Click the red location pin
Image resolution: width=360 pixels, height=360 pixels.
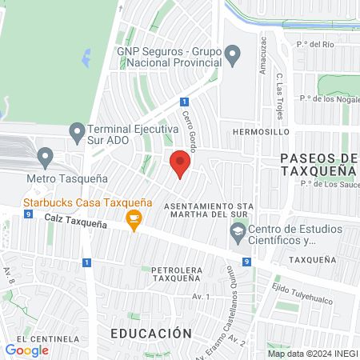click(x=180, y=164)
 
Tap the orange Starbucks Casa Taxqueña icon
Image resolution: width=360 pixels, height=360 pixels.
click(x=134, y=217)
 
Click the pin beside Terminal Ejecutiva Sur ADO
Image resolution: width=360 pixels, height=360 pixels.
click(x=77, y=130)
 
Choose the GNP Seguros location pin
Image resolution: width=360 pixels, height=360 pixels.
click(x=233, y=55)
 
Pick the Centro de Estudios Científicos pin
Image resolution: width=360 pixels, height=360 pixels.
click(x=238, y=233)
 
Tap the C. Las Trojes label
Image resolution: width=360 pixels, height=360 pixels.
click(x=280, y=94)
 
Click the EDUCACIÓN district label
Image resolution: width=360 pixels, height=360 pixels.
click(x=151, y=333)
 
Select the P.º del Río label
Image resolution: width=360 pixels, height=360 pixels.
click(x=314, y=44)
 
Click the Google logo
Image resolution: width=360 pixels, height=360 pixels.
click(x=26, y=350)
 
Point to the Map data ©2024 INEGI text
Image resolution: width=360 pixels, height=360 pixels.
click(x=311, y=354)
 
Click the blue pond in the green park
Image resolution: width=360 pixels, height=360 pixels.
click(x=86, y=58)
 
